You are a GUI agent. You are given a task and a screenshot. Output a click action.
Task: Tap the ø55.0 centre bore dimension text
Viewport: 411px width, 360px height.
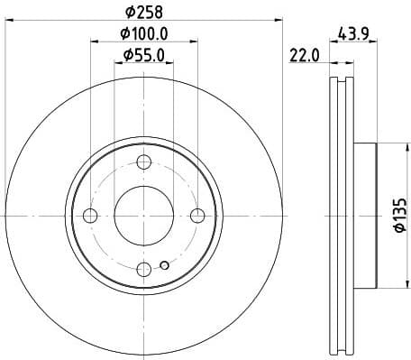(x=144, y=57)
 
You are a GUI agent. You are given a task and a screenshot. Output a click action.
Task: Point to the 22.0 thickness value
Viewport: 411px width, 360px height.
(x=306, y=57)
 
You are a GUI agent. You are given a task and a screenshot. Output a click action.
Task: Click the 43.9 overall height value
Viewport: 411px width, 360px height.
(x=355, y=33)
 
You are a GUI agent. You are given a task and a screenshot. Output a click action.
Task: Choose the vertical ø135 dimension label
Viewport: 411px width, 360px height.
(x=400, y=217)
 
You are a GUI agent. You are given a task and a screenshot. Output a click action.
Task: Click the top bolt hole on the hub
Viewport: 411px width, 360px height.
(x=143, y=162)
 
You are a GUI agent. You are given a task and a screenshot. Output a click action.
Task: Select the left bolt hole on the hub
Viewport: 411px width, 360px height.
(x=90, y=216)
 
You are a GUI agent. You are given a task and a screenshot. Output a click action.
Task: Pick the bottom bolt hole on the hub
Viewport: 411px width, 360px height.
(x=143, y=269)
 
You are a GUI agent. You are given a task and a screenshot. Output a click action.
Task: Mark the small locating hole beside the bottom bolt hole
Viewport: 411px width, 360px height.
(x=163, y=265)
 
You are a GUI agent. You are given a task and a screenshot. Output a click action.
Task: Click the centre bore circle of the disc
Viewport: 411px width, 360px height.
(x=143, y=216)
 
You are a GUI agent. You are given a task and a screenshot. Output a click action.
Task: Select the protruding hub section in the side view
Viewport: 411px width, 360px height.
(x=363, y=216)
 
